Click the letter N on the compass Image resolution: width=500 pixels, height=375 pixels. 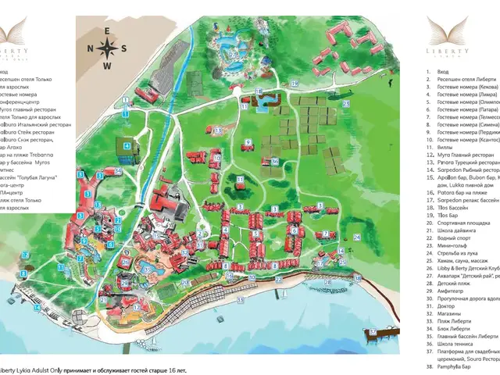(91, 48)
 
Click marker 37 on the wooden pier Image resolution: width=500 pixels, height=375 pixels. (374, 330)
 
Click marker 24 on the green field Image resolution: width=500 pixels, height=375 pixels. (357, 237)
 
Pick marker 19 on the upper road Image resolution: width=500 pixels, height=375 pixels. (295, 82)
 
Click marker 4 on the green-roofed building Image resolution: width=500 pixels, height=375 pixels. (126, 145)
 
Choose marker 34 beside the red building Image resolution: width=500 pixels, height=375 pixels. (117, 170)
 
